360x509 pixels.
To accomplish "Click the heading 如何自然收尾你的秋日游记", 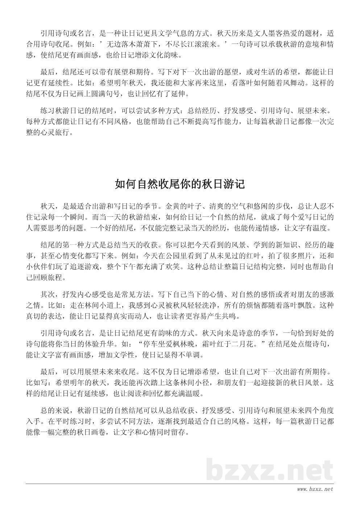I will click(x=180, y=184).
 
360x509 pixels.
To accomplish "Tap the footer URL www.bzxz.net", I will click(x=315, y=490).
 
